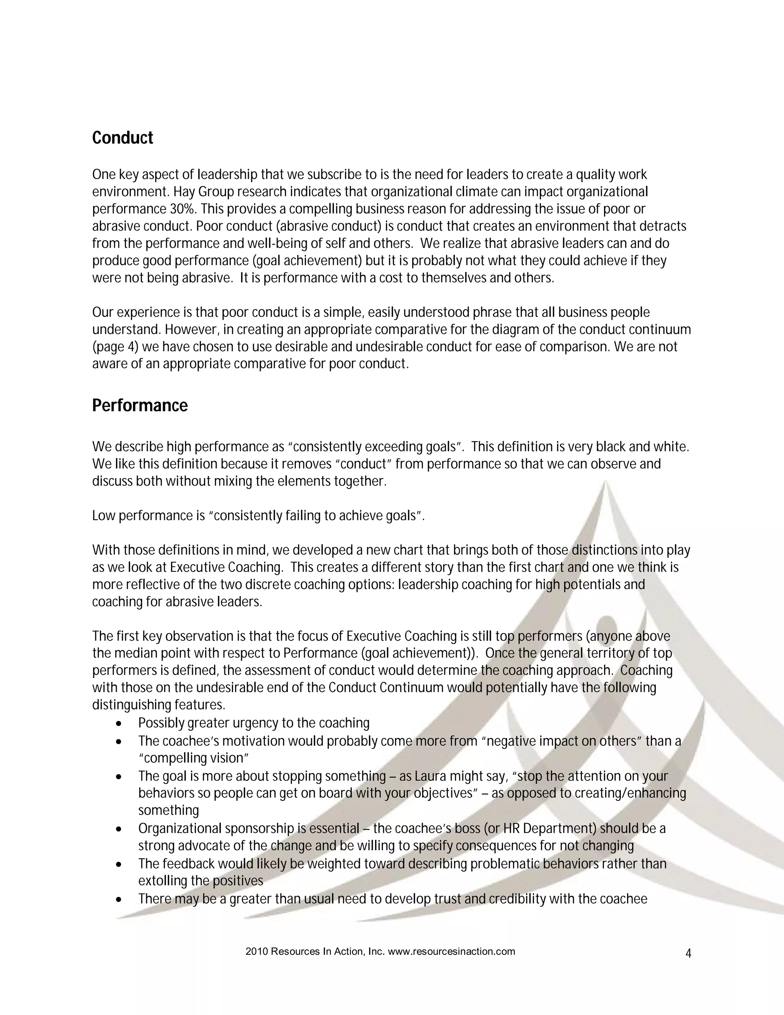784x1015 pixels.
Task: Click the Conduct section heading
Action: pos(122,138)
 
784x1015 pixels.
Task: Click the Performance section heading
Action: pos(140,405)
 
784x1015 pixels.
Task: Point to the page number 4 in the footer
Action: pos(688,954)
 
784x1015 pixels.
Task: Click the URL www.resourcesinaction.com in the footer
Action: pos(451,951)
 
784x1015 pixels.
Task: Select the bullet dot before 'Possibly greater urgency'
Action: pos(120,724)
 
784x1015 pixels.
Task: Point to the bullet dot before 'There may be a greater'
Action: pos(120,900)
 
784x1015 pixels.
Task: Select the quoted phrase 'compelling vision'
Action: pos(194,758)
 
